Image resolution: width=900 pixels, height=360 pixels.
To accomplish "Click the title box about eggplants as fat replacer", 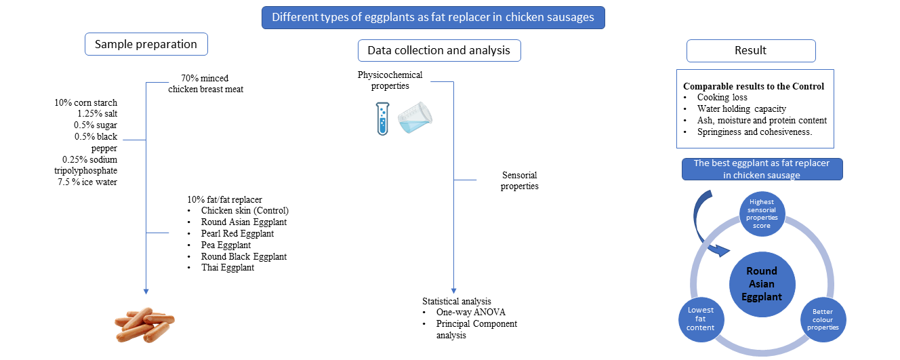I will (x=433, y=17).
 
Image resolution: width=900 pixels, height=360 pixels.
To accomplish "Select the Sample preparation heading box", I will (x=146, y=45).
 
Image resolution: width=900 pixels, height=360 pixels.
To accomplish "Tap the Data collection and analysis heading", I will (x=439, y=50).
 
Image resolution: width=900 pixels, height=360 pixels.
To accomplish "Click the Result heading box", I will (x=750, y=50).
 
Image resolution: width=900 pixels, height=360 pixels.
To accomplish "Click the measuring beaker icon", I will (x=415, y=116).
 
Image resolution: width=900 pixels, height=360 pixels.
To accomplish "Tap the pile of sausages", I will (x=143, y=325).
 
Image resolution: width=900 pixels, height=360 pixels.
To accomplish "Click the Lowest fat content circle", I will (x=700, y=318).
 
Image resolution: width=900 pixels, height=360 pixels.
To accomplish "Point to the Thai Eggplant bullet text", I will (x=228, y=268).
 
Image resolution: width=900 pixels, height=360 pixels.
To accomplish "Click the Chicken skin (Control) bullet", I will (x=245, y=211).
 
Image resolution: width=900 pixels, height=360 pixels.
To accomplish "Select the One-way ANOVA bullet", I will (x=470, y=313).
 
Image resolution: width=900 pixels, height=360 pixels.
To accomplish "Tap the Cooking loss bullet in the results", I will (x=722, y=98).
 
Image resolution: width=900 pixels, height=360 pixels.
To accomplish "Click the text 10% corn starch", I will (x=86, y=103).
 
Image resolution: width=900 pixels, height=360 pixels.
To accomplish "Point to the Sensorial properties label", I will (x=520, y=180).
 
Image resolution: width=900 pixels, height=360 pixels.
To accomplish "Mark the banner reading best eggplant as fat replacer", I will (x=762, y=169).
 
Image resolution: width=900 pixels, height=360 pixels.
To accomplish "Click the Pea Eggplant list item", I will (x=226, y=245).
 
